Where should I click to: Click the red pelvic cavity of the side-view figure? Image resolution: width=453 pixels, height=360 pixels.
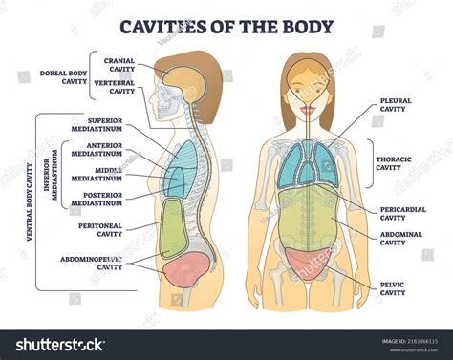tap(183, 272)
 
